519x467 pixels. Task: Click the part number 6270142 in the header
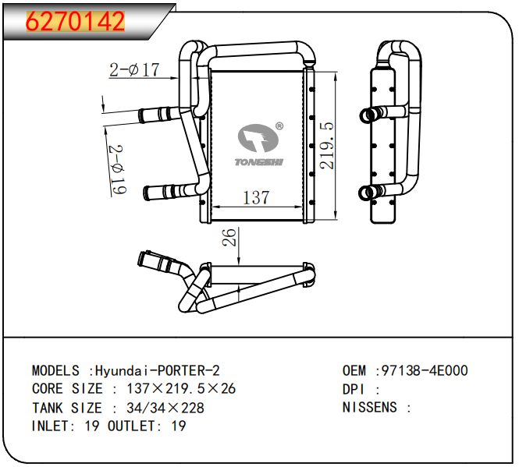tap(76, 21)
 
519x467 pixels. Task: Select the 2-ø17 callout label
tap(133, 70)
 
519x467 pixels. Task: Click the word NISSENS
tap(370, 407)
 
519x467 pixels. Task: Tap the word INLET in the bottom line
tap(52, 426)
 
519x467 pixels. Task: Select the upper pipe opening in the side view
tap(366, 115)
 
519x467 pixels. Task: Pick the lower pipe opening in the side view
tap(365, 192)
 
